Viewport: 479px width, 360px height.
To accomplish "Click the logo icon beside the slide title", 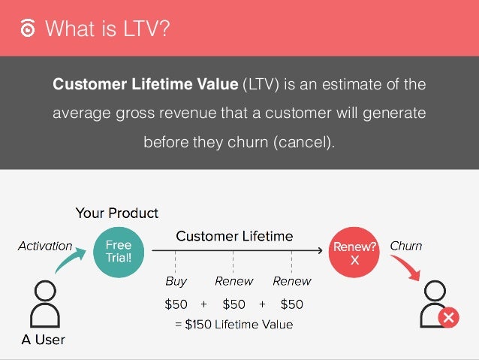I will point(27,29).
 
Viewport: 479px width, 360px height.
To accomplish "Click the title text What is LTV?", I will point(107,29).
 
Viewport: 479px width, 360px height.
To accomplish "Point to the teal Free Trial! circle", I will point(119,251).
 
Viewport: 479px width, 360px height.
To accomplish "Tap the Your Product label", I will point(117,213).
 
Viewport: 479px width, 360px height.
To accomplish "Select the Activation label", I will point(45,246).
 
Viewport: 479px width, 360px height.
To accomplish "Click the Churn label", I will point(405,246).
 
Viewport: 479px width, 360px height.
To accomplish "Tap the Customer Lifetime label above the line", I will point(234,237).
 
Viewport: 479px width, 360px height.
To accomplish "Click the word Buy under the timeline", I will point(176,282).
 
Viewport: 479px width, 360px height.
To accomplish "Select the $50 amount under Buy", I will point(176,304).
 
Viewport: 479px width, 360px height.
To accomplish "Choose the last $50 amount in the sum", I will point(291,304).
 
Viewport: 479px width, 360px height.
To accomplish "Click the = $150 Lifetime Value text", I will point(233,325).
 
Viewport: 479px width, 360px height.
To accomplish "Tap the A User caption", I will point(43,340).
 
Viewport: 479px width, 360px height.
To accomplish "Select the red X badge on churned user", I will point(448,318).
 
